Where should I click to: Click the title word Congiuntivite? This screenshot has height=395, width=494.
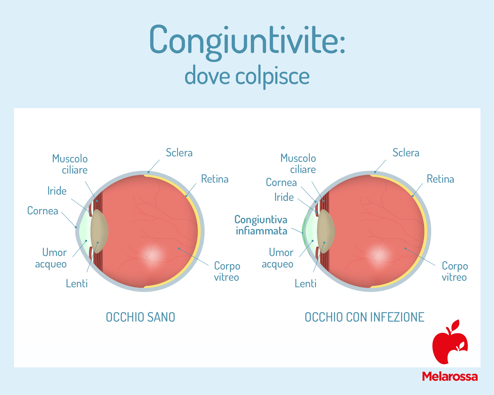pos(247,42)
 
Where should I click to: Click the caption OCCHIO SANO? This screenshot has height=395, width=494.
pos(140,317)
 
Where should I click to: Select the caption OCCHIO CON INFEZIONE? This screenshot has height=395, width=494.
pos(365,317)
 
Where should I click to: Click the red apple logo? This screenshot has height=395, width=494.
pos(450,343)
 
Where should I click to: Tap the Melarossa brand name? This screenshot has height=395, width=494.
pos(450,377)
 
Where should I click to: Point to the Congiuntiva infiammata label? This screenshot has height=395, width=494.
pos(261,225)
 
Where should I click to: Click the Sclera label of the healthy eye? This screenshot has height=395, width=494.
pos(179,153)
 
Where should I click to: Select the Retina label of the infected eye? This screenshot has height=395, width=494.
pos(440,179)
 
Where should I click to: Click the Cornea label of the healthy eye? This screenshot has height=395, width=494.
pos(43,211)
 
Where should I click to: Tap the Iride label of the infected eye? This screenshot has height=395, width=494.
pos(284,197)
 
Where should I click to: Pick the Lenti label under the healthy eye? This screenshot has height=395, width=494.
pos(77,284)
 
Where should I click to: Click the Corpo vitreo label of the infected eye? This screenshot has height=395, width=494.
pos(455,271)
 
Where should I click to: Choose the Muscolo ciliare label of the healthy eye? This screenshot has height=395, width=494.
pos(70,164)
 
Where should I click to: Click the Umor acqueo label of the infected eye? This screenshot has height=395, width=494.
pos(278,258)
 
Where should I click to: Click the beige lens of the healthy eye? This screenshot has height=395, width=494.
pos(99,231)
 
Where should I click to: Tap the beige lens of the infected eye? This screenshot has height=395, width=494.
pos(326,231)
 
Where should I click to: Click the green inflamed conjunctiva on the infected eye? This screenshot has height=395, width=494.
pos(303,232)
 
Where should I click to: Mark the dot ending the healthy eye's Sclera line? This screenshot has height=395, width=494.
pos(148,172)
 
